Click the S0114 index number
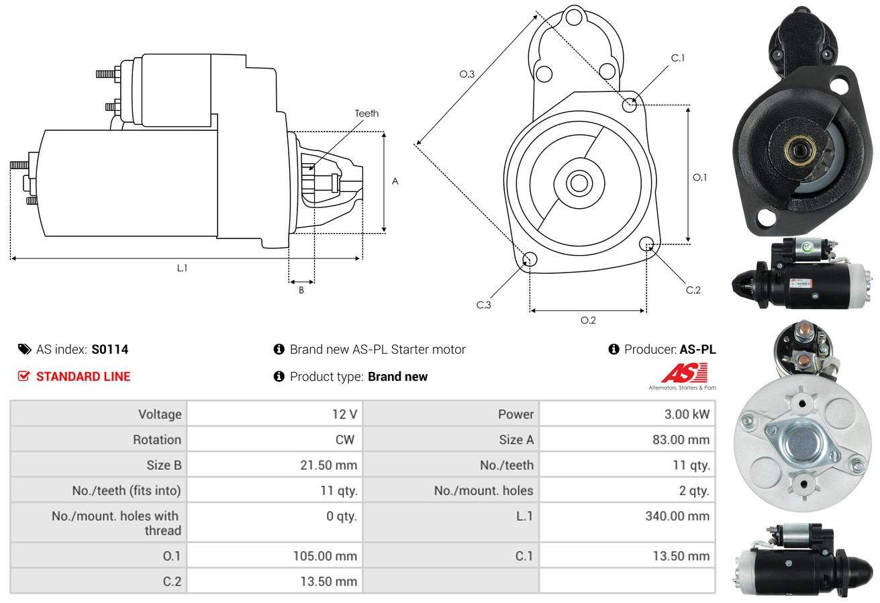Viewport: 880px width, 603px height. coord(109,349)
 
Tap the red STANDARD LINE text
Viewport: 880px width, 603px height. coord(83,377)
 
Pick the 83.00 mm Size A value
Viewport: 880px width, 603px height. coord(681,439)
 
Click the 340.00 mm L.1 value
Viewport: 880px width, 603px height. coord(677,516)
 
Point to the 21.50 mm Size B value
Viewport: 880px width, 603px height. coord(328,465)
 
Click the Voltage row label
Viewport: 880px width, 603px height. coord(160,414)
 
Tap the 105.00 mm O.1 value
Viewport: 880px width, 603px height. coord(325,556)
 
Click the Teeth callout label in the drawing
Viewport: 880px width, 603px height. coord(366,113)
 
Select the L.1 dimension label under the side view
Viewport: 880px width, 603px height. coord(182,268)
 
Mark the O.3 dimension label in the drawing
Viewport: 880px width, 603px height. coord(467,74)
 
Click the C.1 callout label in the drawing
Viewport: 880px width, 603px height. coord(678,58)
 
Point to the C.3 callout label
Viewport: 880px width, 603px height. coord(483,305)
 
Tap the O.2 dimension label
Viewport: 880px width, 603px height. coord(588,320)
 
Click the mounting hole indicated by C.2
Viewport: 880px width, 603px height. coord(646,244)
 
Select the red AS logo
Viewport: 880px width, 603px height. coord(684,373)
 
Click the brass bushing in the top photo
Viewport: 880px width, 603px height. coord(799,150)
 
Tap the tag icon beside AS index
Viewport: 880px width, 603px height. coord(24,349)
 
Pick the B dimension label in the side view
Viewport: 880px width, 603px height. coord(301,290)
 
